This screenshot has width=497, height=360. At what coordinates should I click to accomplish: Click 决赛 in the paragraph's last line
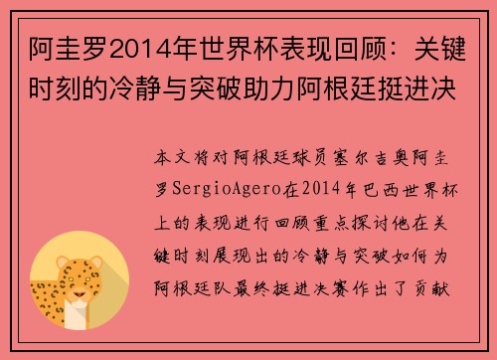coord(345,270)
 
